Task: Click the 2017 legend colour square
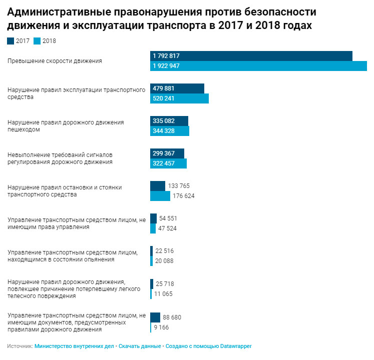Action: tap(11, 41)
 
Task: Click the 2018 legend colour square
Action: tap(37, 41)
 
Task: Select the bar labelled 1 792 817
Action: tap(251, 56)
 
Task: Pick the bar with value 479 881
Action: tap(177, 88)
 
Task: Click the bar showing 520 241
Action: tap(179, 98)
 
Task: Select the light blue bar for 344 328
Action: tap(170, 131)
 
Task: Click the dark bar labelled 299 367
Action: tap(167, 153)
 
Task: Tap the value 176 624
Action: tap(184, 196)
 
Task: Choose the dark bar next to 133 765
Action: tap(158, 186)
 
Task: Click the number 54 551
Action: tap(168, 218)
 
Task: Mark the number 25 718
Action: tap(165, 283)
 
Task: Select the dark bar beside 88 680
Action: tap(155, 317)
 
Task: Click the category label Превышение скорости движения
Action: tap(55, 61)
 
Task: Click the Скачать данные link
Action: tap(140, 346)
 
